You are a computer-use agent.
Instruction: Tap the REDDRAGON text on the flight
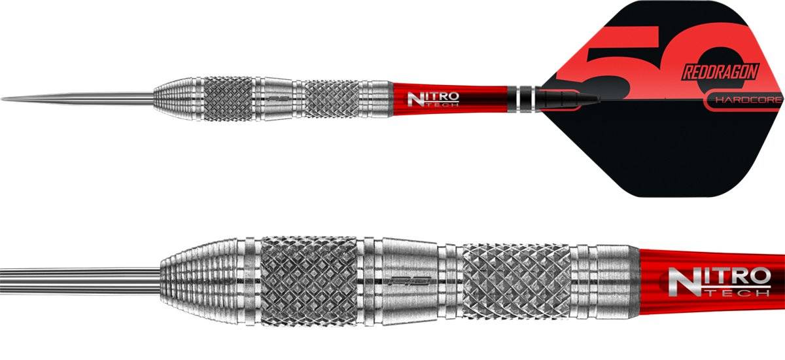(714, 72)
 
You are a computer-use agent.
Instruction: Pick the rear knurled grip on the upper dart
(332, 98)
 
